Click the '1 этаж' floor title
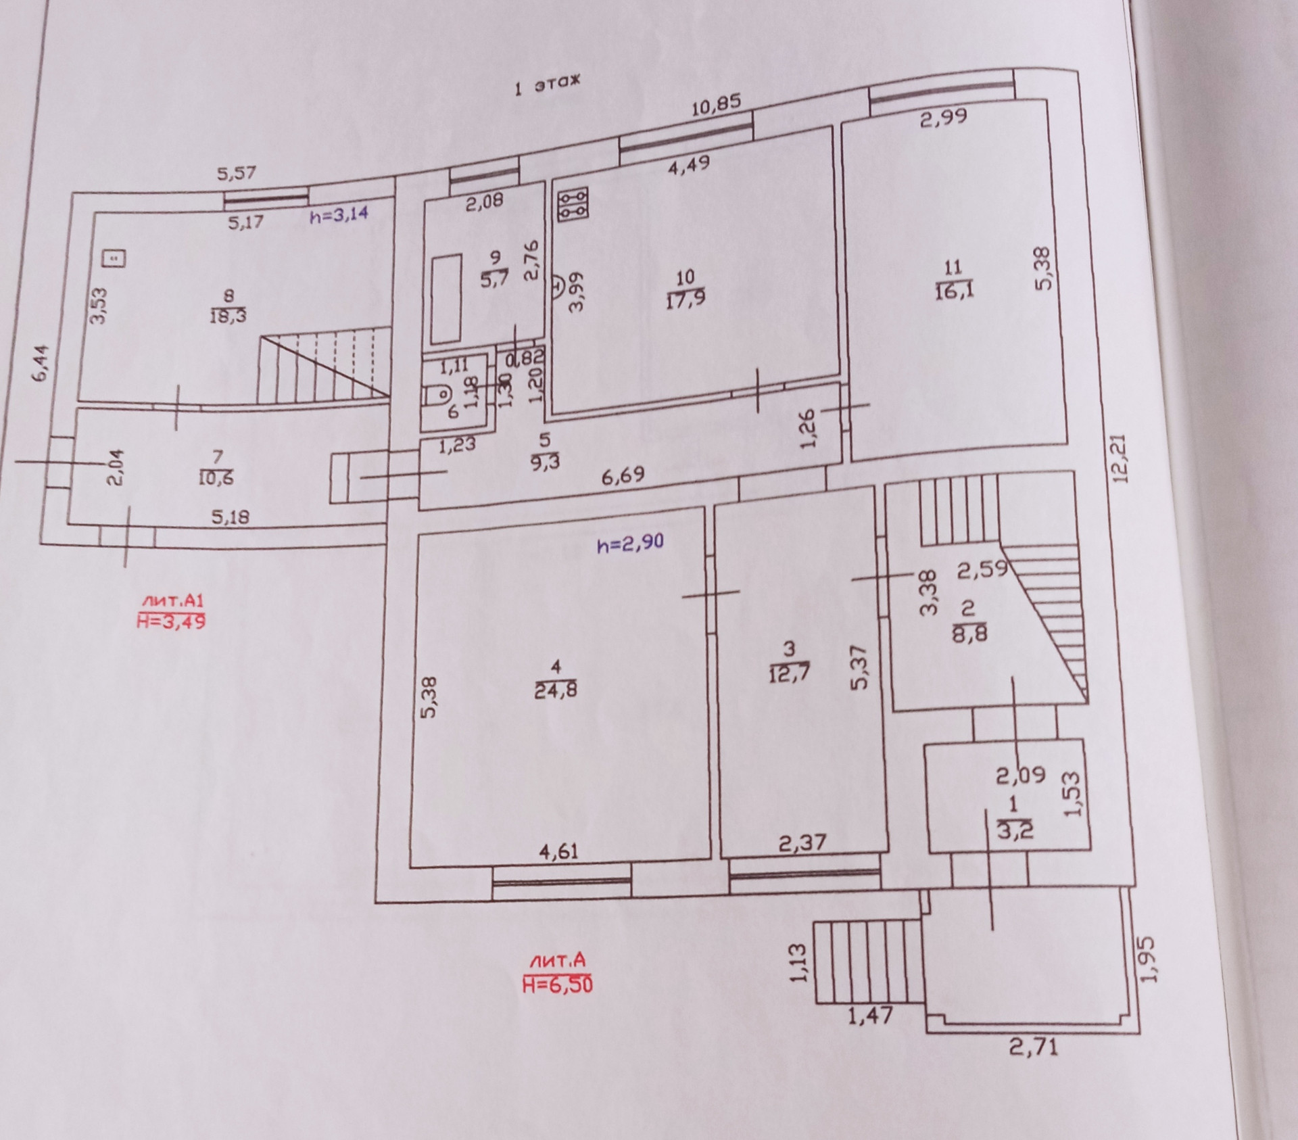(547, 85)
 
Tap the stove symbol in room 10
(573, 204)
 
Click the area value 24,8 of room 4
(555, 691)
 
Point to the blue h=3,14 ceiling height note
(340, 216)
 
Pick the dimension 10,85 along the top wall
(716, 105)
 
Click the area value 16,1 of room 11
(953, 291)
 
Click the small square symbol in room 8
(114, 258)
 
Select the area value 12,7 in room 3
(789, 673)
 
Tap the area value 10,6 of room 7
(217, 478)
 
